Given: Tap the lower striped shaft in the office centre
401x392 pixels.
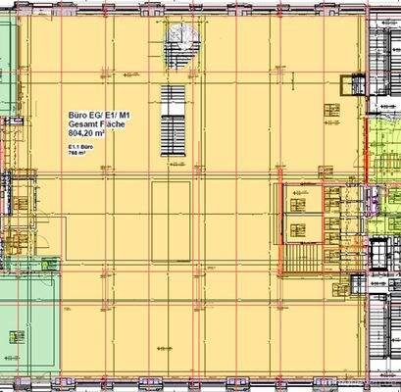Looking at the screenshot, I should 172,131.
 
